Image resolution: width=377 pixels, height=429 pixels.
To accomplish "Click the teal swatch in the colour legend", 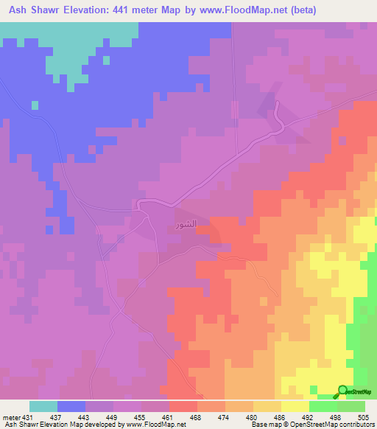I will pos(43,407).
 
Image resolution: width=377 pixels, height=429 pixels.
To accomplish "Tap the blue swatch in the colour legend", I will pos(71,407).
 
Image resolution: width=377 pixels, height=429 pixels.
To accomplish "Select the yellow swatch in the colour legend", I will pos(295,407).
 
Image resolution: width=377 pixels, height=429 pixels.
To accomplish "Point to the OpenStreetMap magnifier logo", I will pos(344,391).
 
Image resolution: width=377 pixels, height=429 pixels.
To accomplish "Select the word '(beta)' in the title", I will pos(353,10).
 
